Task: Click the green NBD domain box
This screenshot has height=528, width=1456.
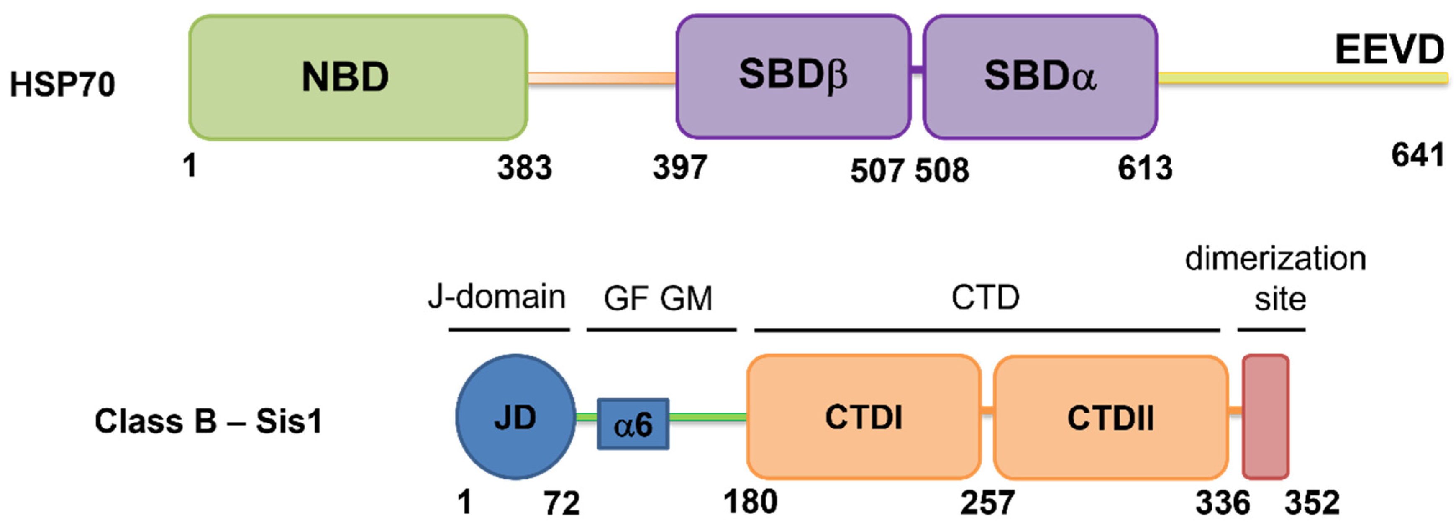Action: coord(358,77)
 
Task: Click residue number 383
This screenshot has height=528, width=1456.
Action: coord(524,168)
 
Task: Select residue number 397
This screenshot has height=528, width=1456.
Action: coord(679,167)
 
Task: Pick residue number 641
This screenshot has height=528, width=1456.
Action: coord(1418,155)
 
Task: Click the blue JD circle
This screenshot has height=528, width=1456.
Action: coord(515,417)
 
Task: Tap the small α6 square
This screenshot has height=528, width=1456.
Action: coord(633,424)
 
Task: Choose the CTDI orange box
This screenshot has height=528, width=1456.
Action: coord(863,417)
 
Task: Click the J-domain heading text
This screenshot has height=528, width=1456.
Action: coord(496,296)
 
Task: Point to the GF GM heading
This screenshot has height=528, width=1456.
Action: coord(658,298)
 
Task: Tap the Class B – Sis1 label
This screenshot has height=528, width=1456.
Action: coord(208,421)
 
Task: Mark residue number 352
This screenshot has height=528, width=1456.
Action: coord(1312,502)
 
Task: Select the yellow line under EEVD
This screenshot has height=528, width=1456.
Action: coord(1300,78)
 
